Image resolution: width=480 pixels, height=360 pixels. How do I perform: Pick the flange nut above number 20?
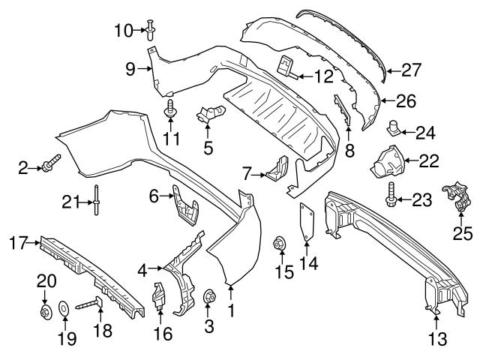click(44, 310)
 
